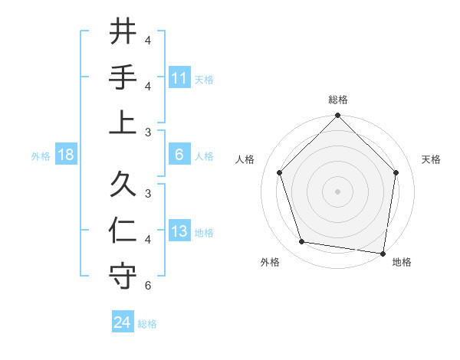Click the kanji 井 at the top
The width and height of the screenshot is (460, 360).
coord(123,32)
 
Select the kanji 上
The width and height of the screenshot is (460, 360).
coord(123,123)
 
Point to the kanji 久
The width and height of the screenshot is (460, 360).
coord(123,185)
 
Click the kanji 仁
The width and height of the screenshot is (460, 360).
coord(123,231)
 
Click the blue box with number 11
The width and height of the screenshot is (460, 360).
coord(179,78)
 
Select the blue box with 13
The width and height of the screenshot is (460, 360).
coord(179,232)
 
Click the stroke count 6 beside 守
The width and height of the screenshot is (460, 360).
coord(148,286)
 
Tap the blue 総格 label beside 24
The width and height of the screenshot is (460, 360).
coord(147,324)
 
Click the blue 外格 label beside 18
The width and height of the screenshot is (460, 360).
coord(41,156)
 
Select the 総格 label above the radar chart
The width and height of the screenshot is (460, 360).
coord(337,100)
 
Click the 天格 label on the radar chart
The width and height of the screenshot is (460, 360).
coord(431,159)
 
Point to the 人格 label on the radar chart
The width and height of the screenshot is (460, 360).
coord(245,159)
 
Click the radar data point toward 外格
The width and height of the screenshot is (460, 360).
coord(302,242)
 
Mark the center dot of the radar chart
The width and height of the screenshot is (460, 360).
coord(337,191)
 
